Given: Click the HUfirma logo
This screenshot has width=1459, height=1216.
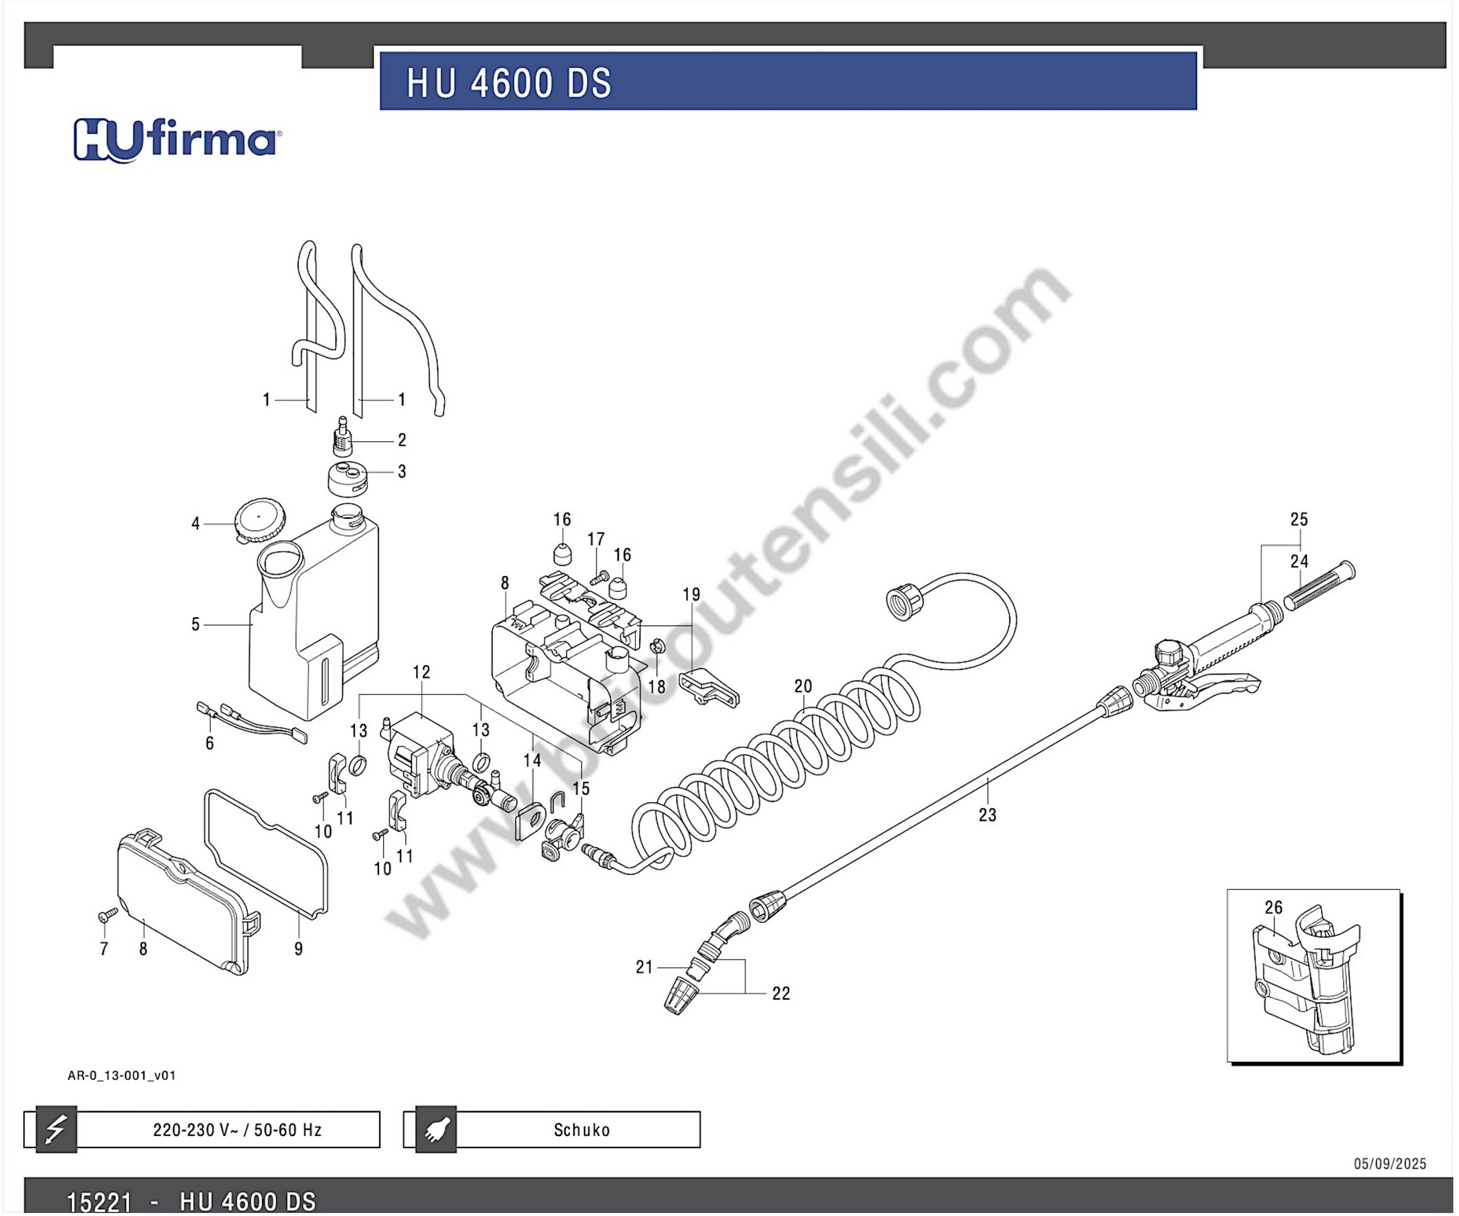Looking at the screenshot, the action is (x=177, y=140).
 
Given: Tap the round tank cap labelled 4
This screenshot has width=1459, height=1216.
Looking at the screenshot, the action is (x=260, y=520).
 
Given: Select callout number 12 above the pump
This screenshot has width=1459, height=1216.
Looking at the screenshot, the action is (x=421, y=672).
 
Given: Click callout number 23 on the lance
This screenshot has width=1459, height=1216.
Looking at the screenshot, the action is (x=987, y=815).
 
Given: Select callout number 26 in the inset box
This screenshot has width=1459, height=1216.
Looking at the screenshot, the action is (x=1274, y=907).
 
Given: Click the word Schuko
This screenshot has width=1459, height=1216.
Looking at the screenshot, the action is (x=582, y=1130).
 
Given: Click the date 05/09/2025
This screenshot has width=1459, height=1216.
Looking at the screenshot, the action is (x=1390, y=1164).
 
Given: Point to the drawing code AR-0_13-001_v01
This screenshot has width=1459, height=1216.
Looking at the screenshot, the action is (x=122, y=1076).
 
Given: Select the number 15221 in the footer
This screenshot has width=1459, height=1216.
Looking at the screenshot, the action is (x=99, y=1201).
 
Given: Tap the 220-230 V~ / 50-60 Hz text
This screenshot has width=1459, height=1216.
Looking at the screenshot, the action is (x=238, y=1130).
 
